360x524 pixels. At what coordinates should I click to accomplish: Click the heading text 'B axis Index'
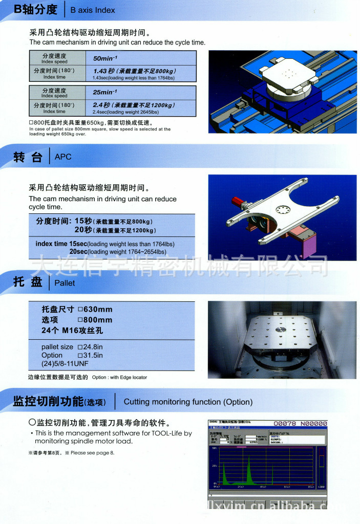tap(93, 10)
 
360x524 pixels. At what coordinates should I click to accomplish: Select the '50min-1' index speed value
tap(105, 59)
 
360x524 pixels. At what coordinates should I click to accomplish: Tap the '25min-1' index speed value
tap(105, 93)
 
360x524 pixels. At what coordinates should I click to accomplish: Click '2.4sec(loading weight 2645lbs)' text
tap(125, 112)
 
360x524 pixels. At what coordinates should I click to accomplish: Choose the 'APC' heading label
tap(63, 157)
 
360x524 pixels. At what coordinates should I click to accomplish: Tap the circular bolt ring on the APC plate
tap(283, 209)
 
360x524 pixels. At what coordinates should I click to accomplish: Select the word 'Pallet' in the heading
tap(65, 283)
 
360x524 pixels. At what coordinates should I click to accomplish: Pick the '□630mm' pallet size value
tap(95, 310)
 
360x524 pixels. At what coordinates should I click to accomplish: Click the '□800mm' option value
tap(95, 320)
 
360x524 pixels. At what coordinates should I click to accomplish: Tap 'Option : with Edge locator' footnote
tap(119, 378)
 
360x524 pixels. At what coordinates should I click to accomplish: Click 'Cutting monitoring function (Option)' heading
tap(188, 402)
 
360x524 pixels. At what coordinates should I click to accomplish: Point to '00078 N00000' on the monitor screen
tap(300, 424)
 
